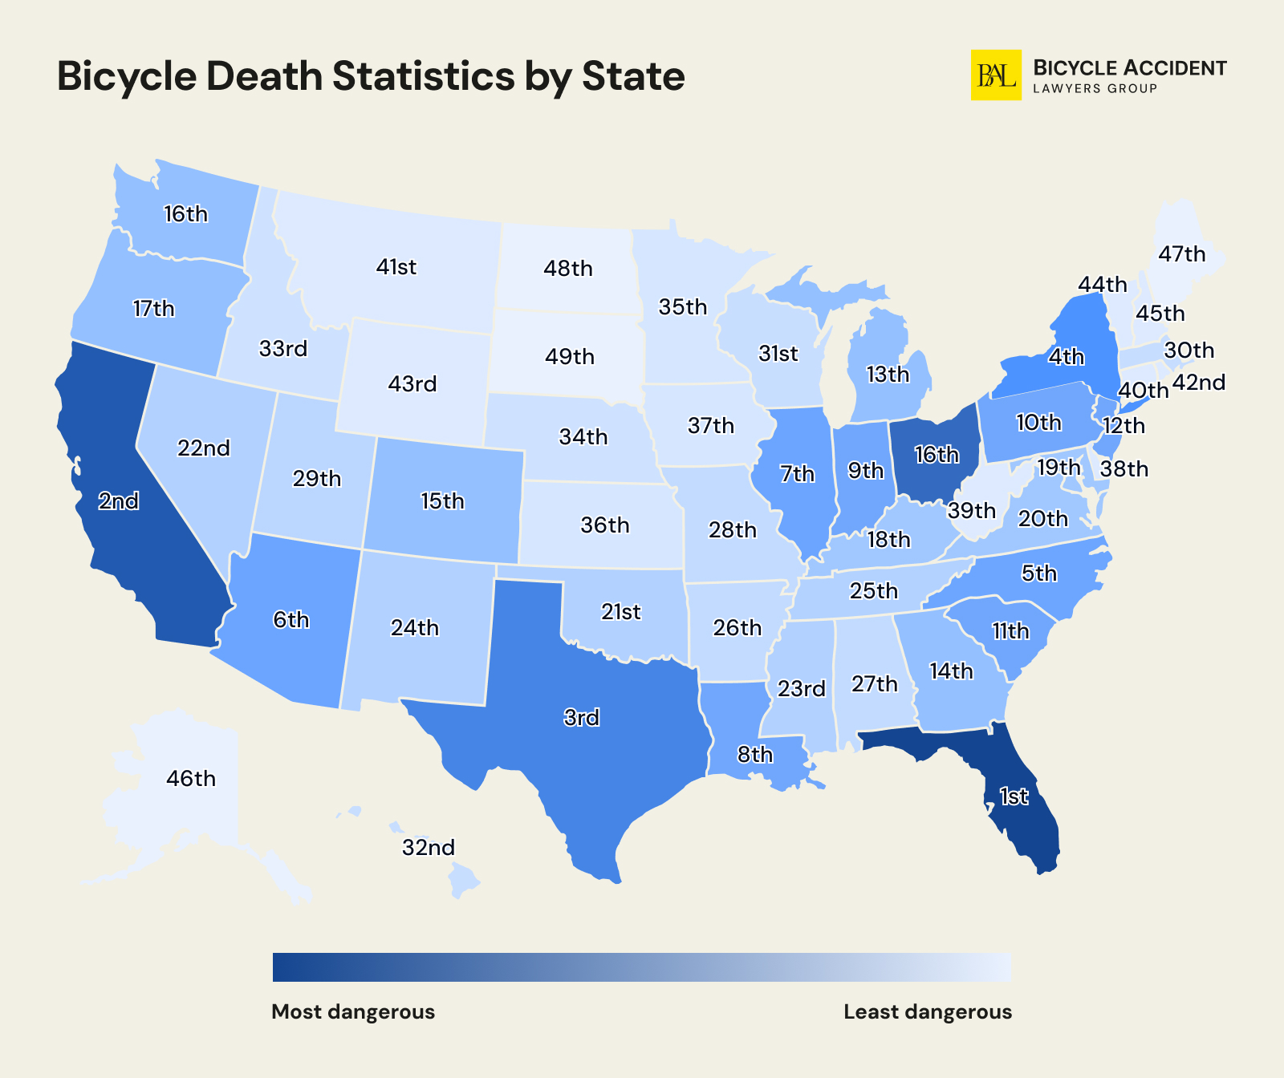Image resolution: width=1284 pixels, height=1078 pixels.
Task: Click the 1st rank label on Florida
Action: (x=1014, y=796)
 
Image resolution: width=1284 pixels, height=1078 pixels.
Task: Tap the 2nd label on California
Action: (x=118, y=501)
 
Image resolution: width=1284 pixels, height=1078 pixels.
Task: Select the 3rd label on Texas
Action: (x=581, y=717)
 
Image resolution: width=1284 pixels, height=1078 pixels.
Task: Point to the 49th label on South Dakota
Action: (x=570, y=356)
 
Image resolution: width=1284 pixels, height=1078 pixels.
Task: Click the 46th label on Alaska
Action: (x=191, y=779)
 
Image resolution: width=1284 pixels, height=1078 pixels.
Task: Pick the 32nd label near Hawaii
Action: (x=429, y=848)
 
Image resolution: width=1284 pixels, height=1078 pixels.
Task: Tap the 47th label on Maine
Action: (x=1182, y=254)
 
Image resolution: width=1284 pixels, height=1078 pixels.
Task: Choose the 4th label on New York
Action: (x=1067, y=357)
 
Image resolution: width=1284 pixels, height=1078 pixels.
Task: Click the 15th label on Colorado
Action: (x=442, y=501)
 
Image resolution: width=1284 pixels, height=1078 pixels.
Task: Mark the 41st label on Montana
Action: (x=396, y=267)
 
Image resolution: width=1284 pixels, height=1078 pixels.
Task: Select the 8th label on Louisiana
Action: (x=755, y=755)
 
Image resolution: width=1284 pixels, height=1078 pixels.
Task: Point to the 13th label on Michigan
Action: (x=888, y=375)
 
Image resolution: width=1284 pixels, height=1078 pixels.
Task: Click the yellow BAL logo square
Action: (x=996, y=75)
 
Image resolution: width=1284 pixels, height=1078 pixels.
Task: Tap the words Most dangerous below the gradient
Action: (x=353, y=1011)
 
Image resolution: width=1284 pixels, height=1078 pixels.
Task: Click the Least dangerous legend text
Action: (x=928, y=1011)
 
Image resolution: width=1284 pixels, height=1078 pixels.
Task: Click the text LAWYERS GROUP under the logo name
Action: (x=1095, y=88)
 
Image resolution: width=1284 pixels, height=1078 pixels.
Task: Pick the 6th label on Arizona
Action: (x=291, y=620)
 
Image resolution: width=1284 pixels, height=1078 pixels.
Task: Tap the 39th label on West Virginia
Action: (x=971, y=511)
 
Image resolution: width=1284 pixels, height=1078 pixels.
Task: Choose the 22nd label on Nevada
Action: (x=204, y=448)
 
